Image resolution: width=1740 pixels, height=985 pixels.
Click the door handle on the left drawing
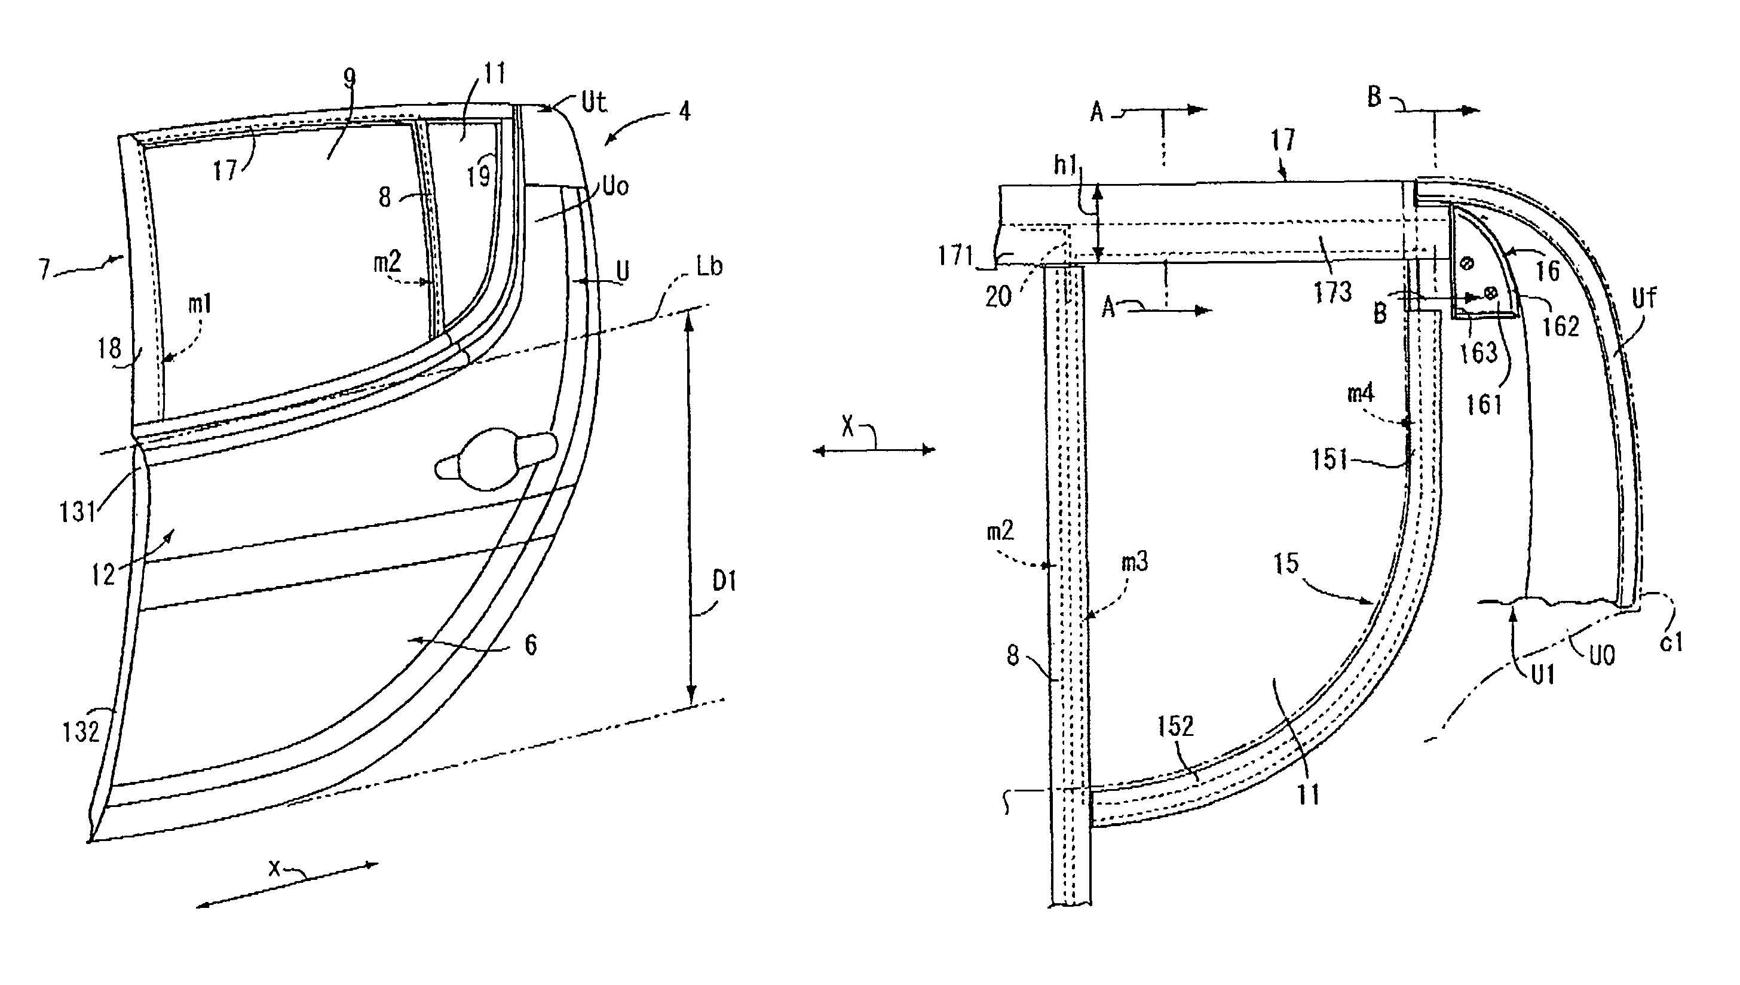pos(494,456)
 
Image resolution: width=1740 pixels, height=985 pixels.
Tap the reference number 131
pos(78,512)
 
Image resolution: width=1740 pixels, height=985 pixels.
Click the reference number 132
pos(81,731)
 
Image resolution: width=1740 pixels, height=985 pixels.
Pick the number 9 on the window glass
pos(349,79)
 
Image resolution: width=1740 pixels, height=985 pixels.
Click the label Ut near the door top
pos(594,103)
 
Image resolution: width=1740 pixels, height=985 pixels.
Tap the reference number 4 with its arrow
pos(685,111)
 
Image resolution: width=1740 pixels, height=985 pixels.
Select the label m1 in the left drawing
pos(200,305)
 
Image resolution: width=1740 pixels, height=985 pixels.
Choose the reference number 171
pos(955,256)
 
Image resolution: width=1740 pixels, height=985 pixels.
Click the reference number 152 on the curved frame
pos(1175,726)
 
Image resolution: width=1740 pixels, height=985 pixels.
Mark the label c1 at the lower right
pos(1672,642)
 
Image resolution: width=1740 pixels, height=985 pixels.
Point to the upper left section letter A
pos(1096,112)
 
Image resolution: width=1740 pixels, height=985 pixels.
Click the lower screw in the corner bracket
pos(1490,292)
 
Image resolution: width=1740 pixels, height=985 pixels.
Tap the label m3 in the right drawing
pos(1135,561)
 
